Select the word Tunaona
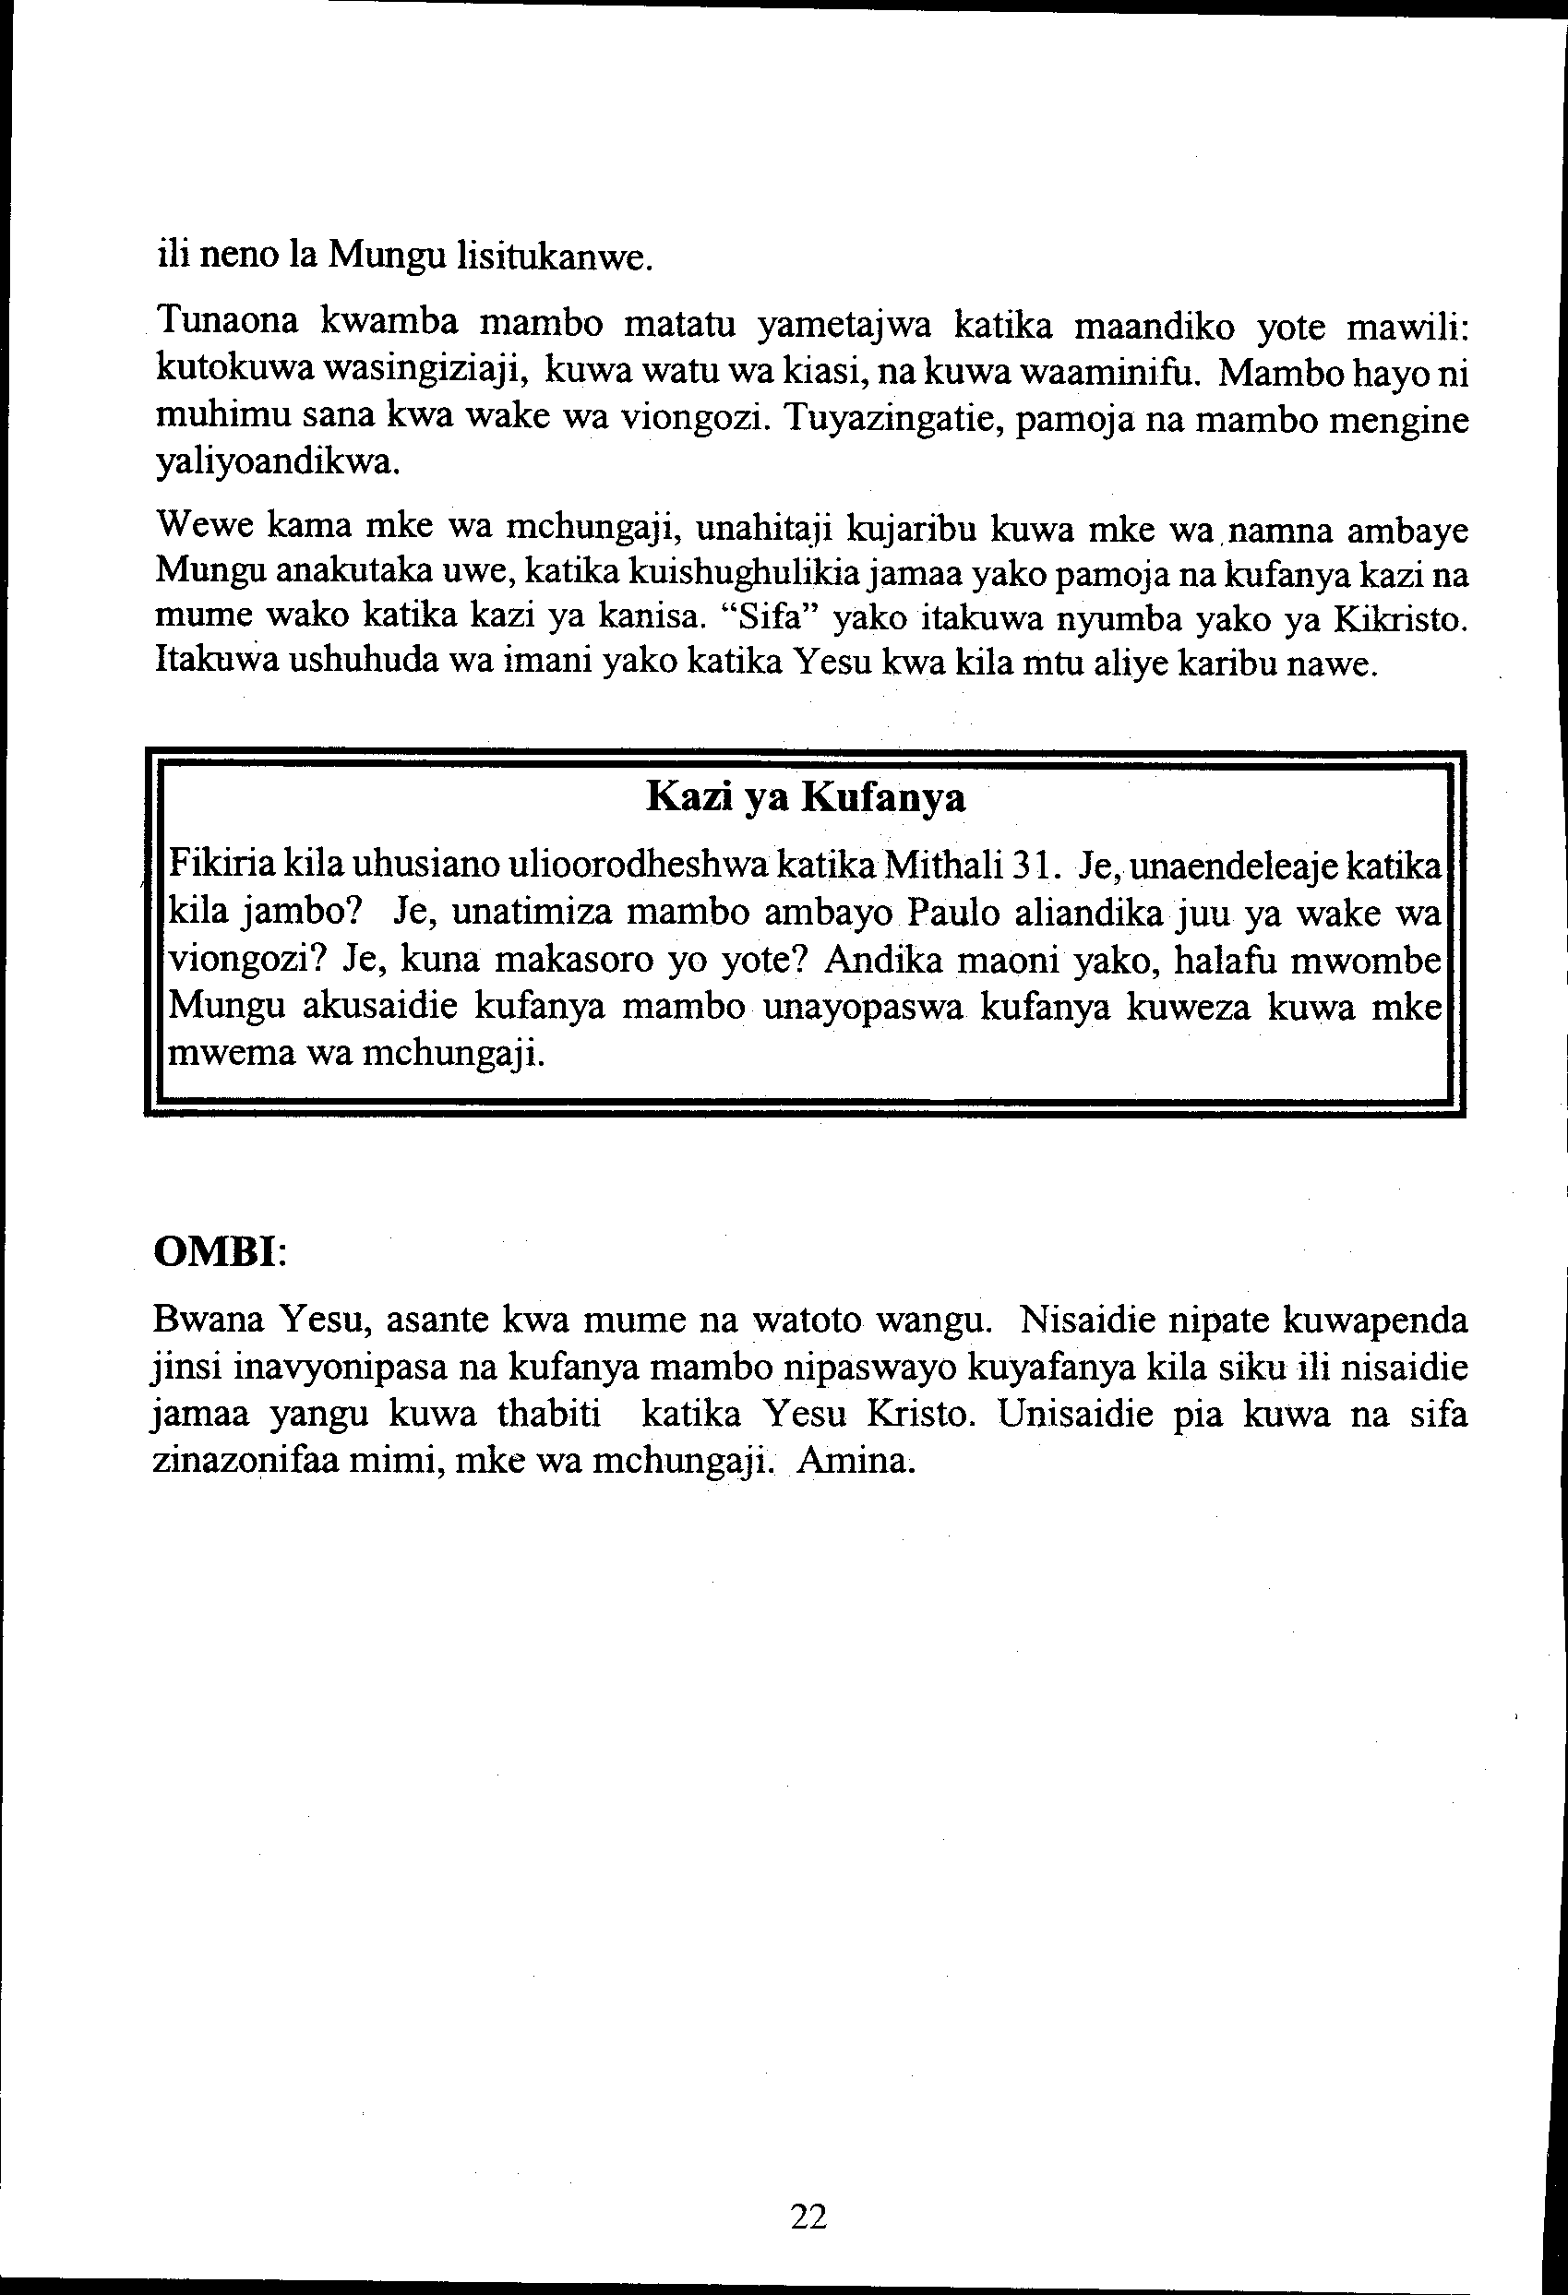pyautogui.click(x=231, y=321)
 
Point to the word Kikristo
pyautogui.click(x=1400, y=619)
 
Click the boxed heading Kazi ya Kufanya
pyautogui.click(x=805, y=796)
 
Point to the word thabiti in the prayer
pyautogui.click(x=549, y=1414)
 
